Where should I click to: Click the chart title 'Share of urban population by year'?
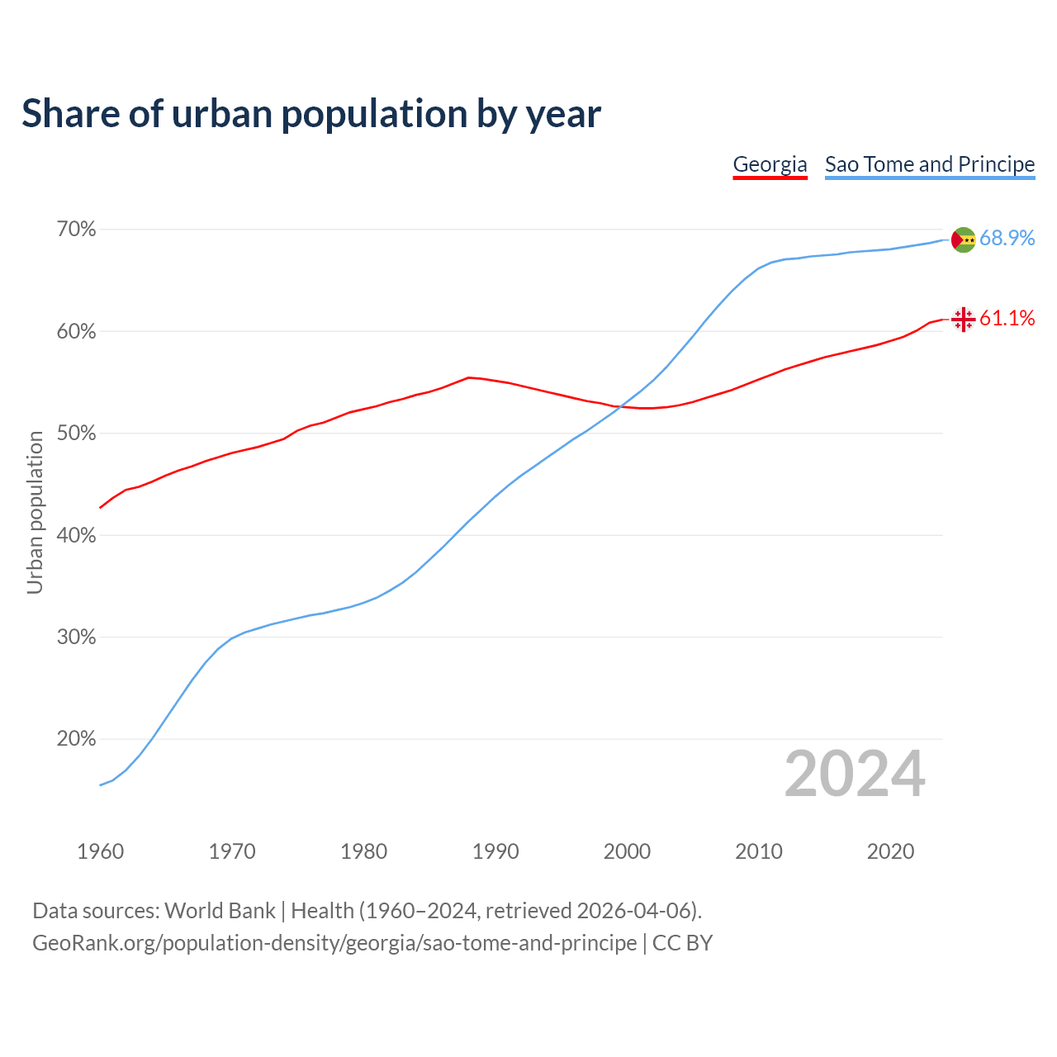click(311, 114)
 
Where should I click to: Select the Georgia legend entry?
click(770, 164)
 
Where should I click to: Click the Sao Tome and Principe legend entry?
click(930, 164)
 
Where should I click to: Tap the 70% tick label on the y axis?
click(76, 230)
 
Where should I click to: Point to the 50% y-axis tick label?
click(76, 434)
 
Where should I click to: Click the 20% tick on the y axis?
click(76, 739)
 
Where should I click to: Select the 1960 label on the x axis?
click(100, 851)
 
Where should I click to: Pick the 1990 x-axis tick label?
click(495, 851)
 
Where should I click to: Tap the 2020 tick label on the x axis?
click(890, 851)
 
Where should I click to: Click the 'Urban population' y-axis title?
click(35, 512)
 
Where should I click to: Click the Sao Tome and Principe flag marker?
click(963, 239)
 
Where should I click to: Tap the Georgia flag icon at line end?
click(963, 319)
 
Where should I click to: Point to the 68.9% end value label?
click(1007, 239)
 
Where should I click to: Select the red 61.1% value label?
click(1007, 319)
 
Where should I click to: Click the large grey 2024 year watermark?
click(855, 775)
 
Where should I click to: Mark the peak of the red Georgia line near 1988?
click(469, 377)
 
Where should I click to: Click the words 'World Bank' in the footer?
click(220, 911)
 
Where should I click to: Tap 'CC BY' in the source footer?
click(682, 943)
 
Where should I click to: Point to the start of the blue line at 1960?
click(101, 784)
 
